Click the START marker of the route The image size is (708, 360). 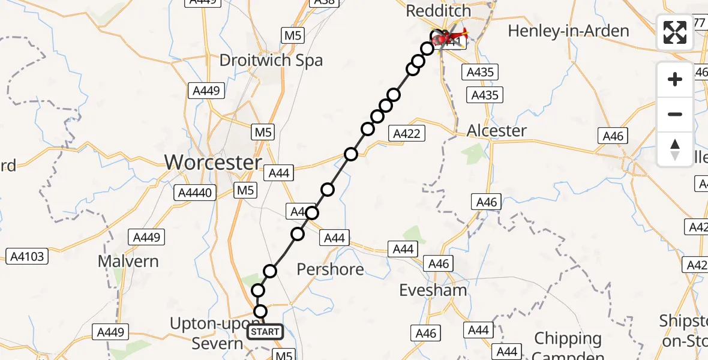pyautogui.click(x=265, y=331)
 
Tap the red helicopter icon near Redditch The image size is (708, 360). pyautogui.click(x=451, y=37)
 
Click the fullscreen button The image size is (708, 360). pyautogui.click(x=675, y=32)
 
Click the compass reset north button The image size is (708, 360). pyautogui.click(x=675, y=149)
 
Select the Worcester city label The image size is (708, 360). pyautogui.click(x=213, y=162)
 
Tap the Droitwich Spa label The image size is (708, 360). pyautogui.click(x=271, y=60)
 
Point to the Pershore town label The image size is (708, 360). pyautogui.click(x=331, y=269)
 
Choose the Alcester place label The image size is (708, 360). pyautogui.click(x=497, y=130)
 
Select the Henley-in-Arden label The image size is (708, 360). pyautogui.click(x=568, y=31)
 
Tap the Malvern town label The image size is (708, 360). pyautogui.click(x=129, y=261)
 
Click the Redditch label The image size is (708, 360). pyautogui.click(x=439, y=11)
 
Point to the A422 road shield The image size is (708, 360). pyautogui.click(x=407, y=134)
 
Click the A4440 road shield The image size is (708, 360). pyautogui.click(x=193, y=193)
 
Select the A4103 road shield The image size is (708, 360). pyautogui.click(x=26, y=257)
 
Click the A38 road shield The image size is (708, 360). pyautogui.click(x=323, y=2)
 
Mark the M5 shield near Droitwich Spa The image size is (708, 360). pyautogui.click(x=292, y=35)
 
